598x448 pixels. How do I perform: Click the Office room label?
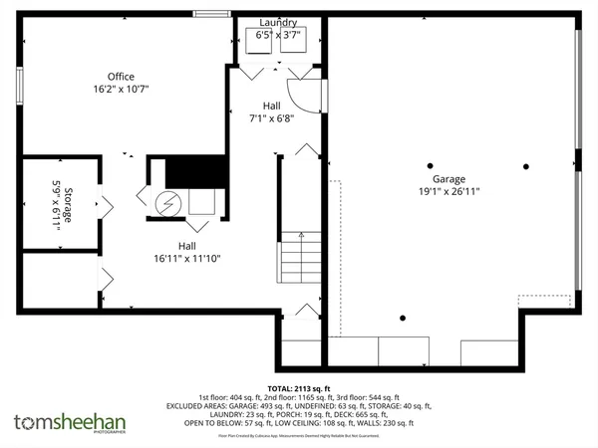[122, 77]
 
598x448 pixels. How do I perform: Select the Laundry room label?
[278, 22]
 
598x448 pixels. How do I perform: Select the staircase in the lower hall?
[296, 257]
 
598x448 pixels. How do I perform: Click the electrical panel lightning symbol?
[168, 201]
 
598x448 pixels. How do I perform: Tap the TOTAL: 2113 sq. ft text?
[299, 388]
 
